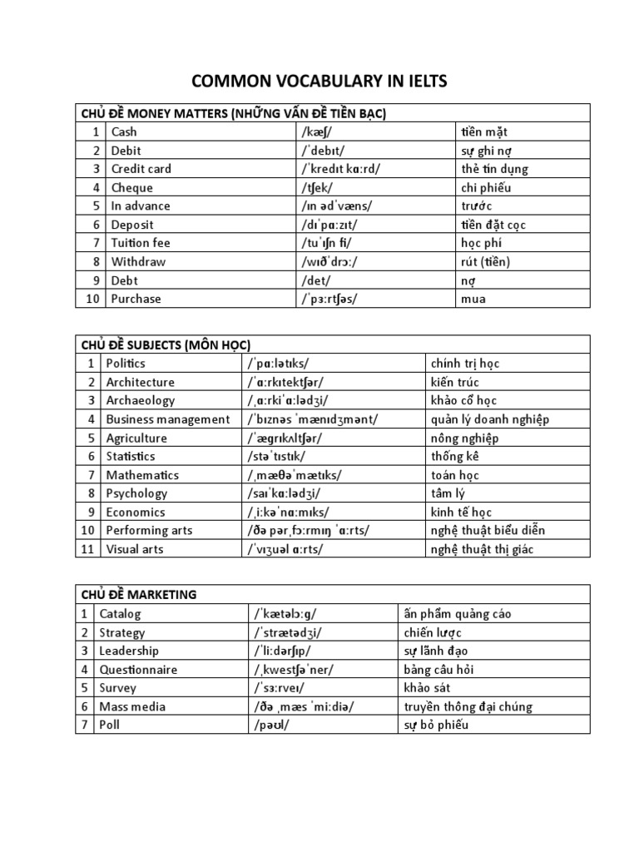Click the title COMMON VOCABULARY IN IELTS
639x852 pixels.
click(x=319, y=81)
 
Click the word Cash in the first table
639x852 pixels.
click(x=124, y=131)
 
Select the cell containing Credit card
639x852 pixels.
click(x=141, y=169)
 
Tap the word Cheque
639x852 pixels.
click(x=132, y=187)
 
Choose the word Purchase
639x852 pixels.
click(x=136, y=299)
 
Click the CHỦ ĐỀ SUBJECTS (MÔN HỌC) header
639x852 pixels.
click(x=166, y=344)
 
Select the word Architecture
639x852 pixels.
click(x=140, y=382)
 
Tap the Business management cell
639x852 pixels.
click(x=167, y=419)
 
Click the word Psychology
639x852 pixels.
click(x=136, y=493)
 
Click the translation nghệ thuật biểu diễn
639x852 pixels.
click(x=486, y=531)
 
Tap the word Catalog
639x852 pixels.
click(x=121, y=614)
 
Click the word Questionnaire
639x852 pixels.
click(x=138, y=670)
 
